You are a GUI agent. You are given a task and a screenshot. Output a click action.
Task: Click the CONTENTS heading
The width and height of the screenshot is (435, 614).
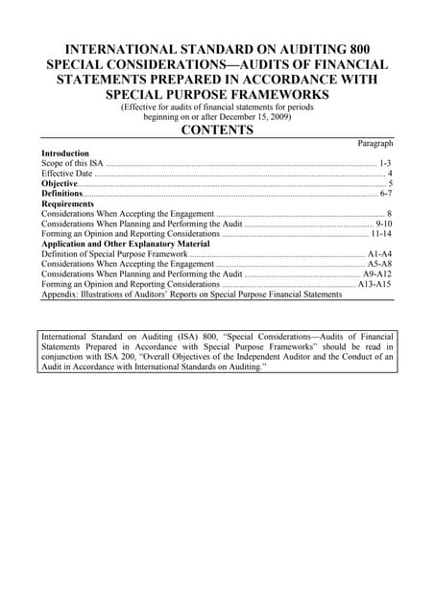(x=217, y=130)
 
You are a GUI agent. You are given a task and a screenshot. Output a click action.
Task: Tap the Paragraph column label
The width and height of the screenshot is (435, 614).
(x=375, y=143)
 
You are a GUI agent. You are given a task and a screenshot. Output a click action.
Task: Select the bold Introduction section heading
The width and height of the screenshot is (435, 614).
(x=65, y=153)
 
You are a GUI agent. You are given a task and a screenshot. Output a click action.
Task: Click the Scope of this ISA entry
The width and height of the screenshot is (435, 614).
(x=73, y=164)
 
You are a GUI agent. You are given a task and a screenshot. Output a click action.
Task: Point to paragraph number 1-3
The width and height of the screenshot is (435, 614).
(x=384, y=164)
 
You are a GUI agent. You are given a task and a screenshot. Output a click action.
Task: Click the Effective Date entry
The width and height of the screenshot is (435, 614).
(x=68, y=174)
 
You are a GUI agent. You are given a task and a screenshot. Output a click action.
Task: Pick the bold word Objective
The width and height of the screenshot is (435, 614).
(x=60, y=183)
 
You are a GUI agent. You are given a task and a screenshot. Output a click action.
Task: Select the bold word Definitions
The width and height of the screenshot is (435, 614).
(x=62, y=194)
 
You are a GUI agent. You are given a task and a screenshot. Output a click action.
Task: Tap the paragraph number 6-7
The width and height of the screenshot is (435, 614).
(x=385, y=194)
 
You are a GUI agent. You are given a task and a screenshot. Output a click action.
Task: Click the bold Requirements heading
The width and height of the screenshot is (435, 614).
(x=67, y=204)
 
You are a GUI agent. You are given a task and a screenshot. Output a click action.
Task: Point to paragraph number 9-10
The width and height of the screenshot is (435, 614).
(x=382, y=224)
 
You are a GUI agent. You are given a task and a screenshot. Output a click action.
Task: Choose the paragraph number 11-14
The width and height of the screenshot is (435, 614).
(x=380, y=233)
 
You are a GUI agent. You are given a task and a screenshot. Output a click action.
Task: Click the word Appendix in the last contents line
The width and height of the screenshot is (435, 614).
(x=60, y=295)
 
